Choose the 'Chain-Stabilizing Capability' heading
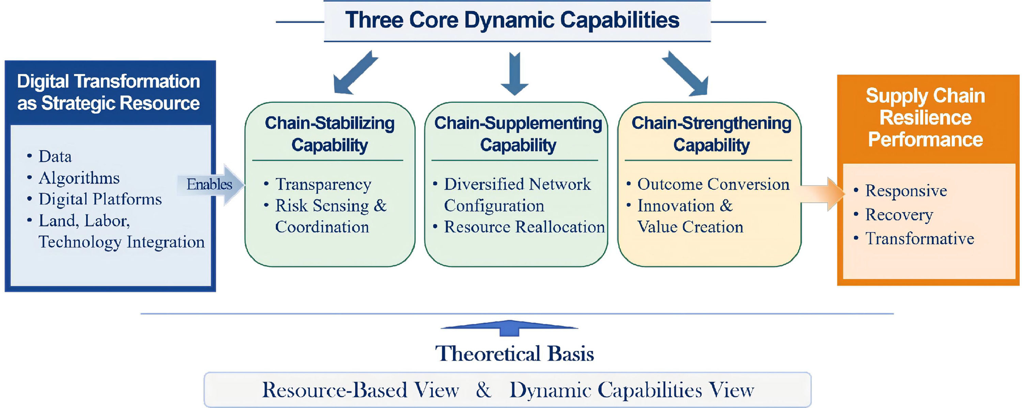point(330,134)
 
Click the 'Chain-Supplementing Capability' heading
point(518,134)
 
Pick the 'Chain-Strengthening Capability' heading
point(711,134)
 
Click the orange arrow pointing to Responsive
point(822,194)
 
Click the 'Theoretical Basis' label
point(514,353)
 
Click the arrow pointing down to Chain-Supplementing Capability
point(514,74)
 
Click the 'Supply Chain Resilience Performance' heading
point(925,118)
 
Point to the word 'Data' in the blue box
point(55,157)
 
